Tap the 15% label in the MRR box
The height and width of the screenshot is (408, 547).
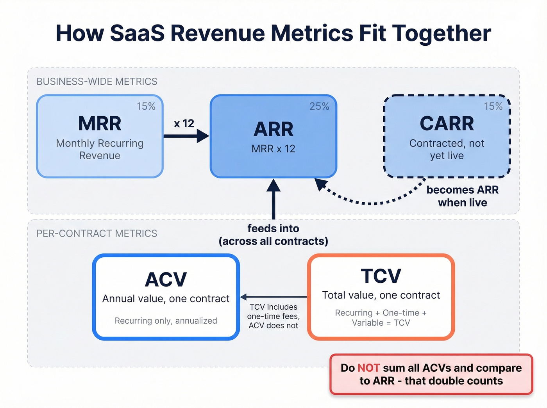click(146, 106)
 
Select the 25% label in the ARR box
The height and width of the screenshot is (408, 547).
click(319, 106)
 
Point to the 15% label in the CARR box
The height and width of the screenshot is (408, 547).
click(493, 106)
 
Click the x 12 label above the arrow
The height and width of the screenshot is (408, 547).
click(184, 124)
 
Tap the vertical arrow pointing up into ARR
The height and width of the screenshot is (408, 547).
click(273, 199)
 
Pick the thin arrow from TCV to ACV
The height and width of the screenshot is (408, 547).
click(273, 297)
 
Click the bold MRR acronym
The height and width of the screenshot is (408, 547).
click(100, 124)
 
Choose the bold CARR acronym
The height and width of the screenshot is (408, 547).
click(447, 124)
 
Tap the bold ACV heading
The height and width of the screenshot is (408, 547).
click(166, 280)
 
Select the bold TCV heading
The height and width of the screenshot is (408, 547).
click(381, 276)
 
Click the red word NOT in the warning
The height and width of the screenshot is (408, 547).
click(368, 368)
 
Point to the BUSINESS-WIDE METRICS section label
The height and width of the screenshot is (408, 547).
click(97, 82)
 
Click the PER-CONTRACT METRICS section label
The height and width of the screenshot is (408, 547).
click(97, 233)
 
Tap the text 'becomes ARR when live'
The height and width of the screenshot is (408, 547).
click(463, 196)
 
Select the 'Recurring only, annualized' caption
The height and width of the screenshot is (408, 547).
click(166, 321)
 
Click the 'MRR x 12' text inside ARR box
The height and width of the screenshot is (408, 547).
click(273, 149)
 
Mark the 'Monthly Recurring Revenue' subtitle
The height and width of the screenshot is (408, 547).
click(100, 149)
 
